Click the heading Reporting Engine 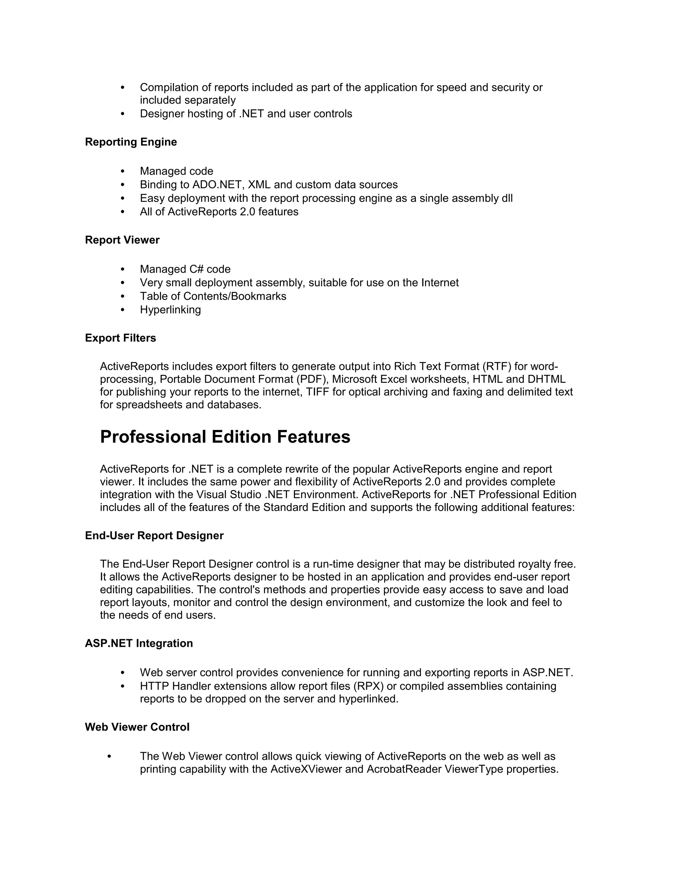(x=130, y=142)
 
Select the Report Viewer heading (x=122, y=240)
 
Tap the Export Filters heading (x=120, y=338)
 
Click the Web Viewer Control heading (x=137, y=727)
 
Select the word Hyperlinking (x=170, y=310)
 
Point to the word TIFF (x=317, y=392)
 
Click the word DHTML (x=546, y=380)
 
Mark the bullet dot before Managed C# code (x=123, y=270)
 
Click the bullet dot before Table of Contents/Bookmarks (x=123, y=297)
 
